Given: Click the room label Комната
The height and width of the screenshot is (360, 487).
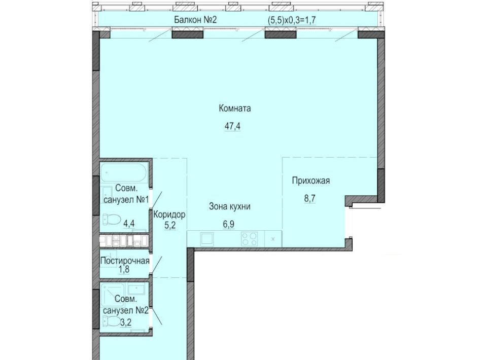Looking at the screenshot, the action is click(x=235, y=109).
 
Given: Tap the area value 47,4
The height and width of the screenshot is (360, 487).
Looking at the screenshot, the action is click(x=233, y=126).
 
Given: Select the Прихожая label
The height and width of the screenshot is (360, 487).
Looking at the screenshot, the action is click(x=310, y=181).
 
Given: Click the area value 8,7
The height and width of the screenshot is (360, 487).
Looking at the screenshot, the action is click(x=309, y=199).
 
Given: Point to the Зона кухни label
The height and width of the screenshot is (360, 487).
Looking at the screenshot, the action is click(x=230, y=207).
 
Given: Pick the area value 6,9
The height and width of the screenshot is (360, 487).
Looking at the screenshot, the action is click(x=229, y=225).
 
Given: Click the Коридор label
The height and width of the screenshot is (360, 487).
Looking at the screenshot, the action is click(x=169, y=214).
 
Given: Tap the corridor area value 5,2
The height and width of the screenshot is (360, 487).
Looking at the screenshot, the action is click(x=170, y=225).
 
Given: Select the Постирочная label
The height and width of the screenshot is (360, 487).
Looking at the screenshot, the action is click(x=125, y=261).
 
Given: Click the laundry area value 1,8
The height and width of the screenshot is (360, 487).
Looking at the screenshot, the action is click(x=124, y=269).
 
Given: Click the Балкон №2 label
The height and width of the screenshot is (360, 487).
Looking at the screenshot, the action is click(x=195, y=20).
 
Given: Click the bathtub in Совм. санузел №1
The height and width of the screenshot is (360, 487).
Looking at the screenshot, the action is click(x=124, y=173).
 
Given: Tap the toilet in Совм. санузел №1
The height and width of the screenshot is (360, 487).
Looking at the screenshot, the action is click(x=112, y=220).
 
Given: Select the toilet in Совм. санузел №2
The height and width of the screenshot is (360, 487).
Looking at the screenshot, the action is click(x=111, y=321).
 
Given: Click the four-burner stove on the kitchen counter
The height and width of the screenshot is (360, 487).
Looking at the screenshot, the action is click(x=249, y=239).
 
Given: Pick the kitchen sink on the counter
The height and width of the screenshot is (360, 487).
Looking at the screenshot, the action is click(x=206, y=239).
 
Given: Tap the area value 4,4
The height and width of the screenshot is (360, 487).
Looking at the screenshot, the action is click(x=129, y=223).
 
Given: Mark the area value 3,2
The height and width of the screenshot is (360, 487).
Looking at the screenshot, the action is click(x=126, y=322).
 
